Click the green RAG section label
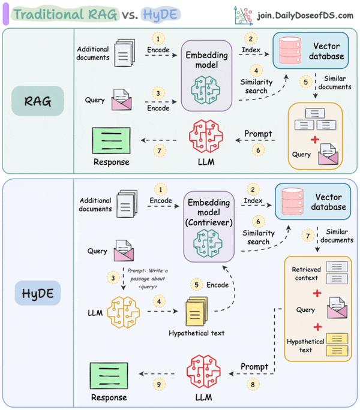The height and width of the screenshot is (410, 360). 37,101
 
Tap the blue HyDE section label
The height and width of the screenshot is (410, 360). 37,294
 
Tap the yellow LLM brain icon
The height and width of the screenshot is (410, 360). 123,311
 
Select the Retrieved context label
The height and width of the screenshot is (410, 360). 306,257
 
